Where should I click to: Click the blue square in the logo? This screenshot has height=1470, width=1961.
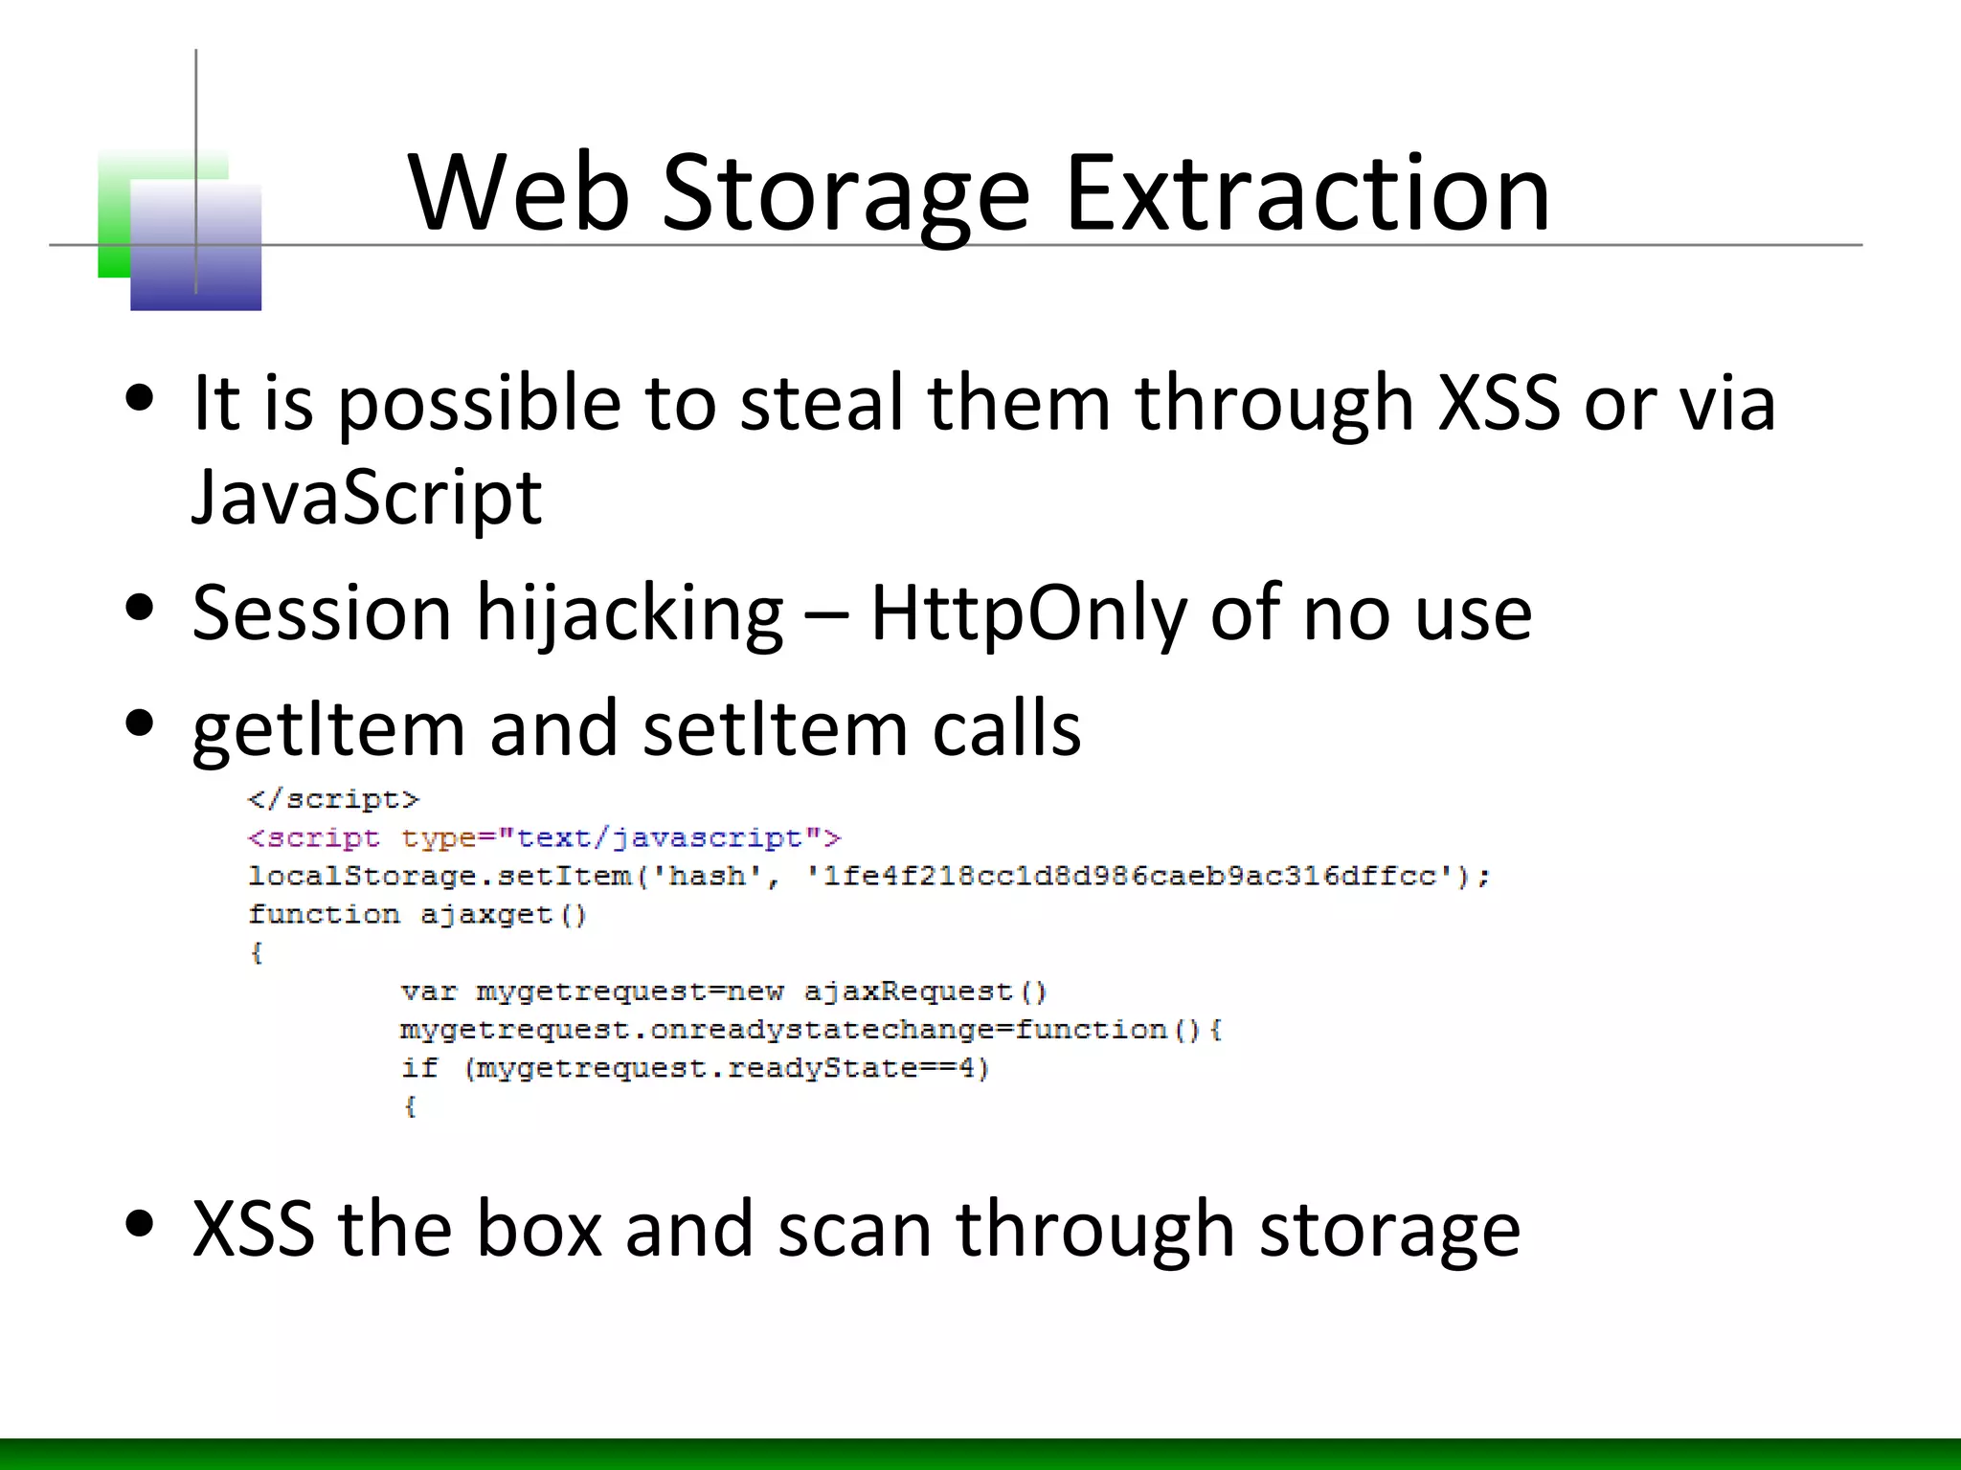point(196,247)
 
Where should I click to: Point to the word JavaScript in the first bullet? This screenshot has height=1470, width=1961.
point(367,498)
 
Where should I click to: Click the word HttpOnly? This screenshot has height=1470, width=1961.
point(1027,612)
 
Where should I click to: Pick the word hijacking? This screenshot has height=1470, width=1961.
point(629,612)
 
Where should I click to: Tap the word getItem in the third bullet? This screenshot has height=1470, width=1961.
point(328,729)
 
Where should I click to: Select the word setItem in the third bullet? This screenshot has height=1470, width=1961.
point(775,729)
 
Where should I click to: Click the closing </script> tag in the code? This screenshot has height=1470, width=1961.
point(333,799)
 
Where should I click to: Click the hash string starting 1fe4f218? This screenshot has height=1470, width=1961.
point(1130,876)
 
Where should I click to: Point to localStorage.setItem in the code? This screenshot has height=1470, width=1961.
point(440,876)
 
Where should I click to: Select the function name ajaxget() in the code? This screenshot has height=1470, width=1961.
point(503,915)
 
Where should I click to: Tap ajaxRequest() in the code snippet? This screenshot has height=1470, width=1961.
point(925,991)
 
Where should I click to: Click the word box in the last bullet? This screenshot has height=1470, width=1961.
point(539,1229)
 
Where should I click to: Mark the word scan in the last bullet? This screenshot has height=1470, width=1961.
point(854,1229)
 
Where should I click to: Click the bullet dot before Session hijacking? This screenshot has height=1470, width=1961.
point(140,609)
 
